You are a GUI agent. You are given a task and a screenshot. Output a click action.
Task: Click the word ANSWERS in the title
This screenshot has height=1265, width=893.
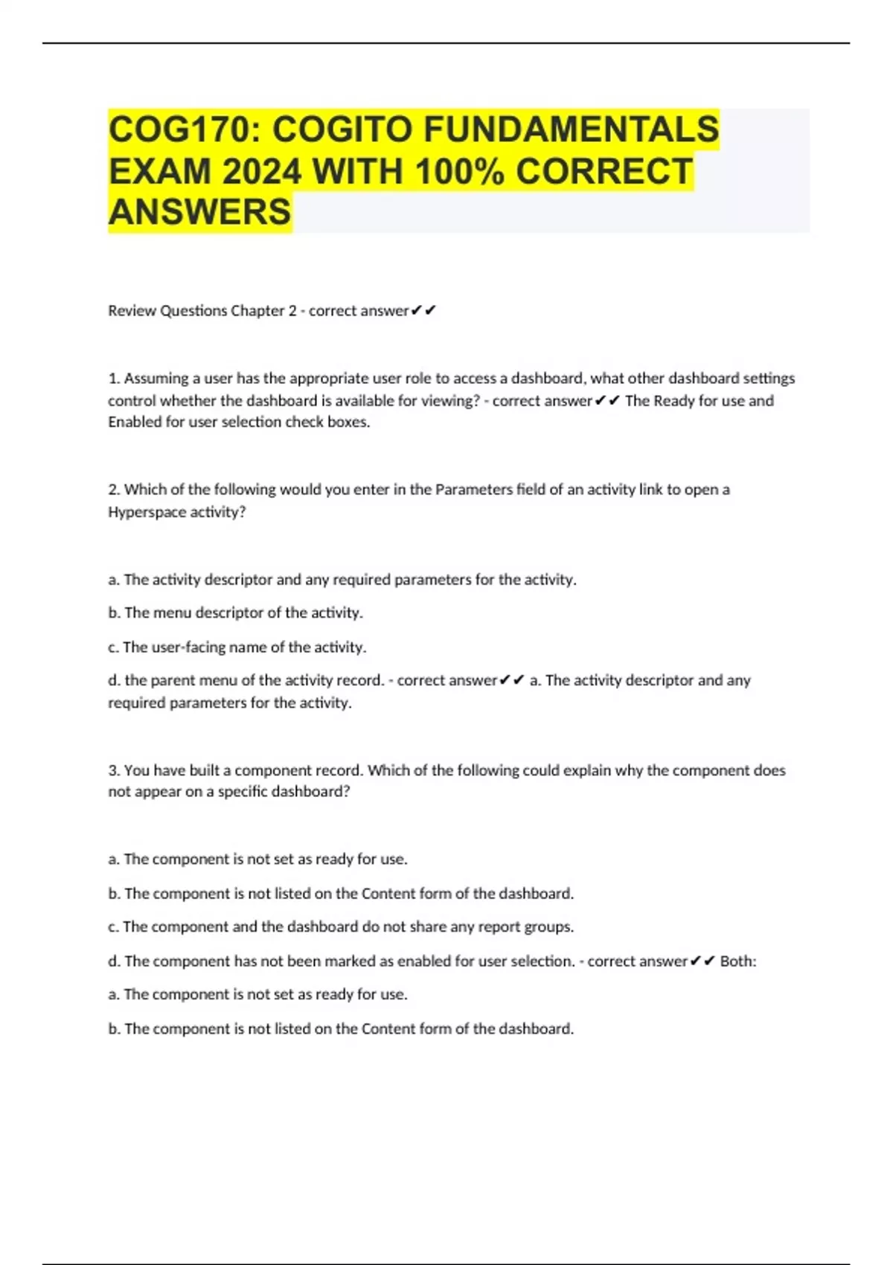coord(199,212)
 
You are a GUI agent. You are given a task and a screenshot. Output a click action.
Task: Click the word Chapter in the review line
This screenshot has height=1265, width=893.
coord(257,310)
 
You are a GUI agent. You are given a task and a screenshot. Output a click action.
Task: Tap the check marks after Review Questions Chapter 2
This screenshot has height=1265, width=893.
coord(423,310)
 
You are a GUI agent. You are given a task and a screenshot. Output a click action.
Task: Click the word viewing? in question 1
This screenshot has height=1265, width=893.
coord(450,400)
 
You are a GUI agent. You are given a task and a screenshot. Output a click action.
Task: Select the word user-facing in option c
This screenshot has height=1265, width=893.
coord(188,647)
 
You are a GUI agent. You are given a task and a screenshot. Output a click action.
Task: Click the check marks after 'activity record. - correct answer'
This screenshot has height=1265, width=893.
coord(513,680)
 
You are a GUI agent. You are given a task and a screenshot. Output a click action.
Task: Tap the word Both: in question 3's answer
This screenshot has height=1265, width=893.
coord(738,961)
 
